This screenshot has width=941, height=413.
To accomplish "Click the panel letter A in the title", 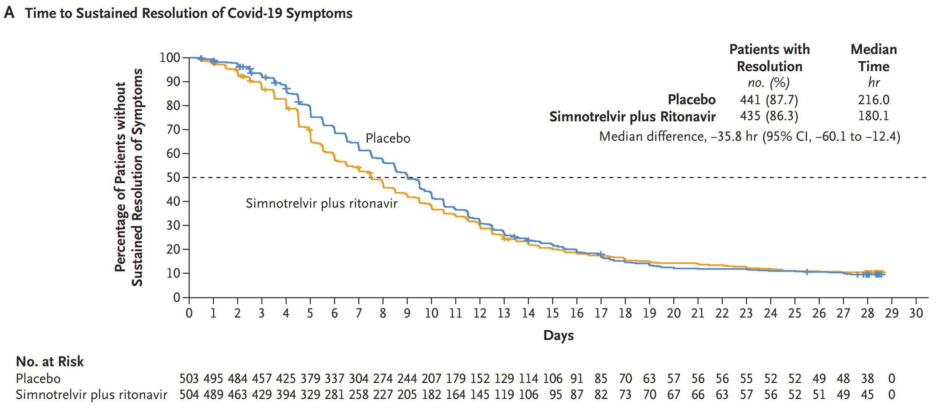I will pyautogui.click(x=9, y=13).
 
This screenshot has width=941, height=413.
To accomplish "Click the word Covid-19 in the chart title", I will pyautogui.click(x=255, y=13).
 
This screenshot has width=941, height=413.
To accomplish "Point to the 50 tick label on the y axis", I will pyautogui.click(x=173, y=178).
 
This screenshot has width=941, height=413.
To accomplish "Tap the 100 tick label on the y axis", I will pyautogui.click(x=169, y=58).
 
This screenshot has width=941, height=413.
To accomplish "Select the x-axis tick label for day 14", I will pyautogui.click(x=528, y=313).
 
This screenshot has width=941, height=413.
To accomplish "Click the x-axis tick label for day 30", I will pyautogui.click(x=916, y=313).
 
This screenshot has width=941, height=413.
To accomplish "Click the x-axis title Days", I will pyautogui.click(x=559, y=335).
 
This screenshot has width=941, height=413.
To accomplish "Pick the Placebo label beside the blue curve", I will pyautogui.click(x=388, y=138).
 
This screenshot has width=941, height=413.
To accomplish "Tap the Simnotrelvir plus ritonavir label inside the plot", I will pyautogui.click(x=321, y=203).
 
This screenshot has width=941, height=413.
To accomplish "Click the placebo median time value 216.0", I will pyautogui.click(x=873, y=100).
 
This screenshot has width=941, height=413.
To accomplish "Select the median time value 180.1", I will pyautogui.click(x=873, y=116).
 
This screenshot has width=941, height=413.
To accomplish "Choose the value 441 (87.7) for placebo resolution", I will pyautogui.click(x=769, y=100).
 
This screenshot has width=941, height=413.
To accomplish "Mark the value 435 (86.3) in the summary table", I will pyautogui.click(x=769, y=116).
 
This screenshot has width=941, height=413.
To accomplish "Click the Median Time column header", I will pyautogui.click(x=873, y=58).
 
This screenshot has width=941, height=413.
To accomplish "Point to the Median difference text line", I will pyautogui.click(x=750, y=137).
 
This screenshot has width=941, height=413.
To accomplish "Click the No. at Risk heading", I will pyautogui.click(x=50, y=362).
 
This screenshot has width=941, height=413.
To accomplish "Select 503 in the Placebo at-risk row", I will pyautogui.click(x=189, y=379).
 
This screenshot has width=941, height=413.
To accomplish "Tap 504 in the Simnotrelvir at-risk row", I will pyautogui.click(x=189, y=395).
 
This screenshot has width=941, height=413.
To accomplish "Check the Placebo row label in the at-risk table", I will pyautogui.click(x=38, y=379).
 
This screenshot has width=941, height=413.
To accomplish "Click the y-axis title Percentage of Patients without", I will pyautogui.click(x=120, y=177).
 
